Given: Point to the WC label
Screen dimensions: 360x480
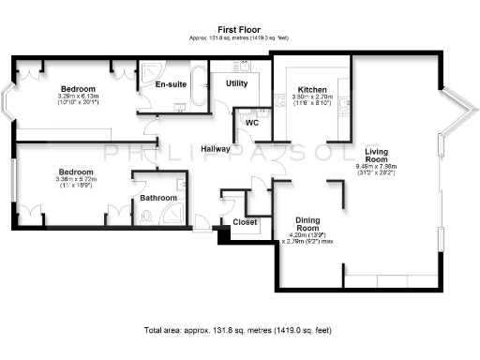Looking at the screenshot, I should [x=251, y=123].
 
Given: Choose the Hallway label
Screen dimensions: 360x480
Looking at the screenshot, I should [x=217, y=149].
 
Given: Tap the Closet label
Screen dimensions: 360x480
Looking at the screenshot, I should [x=246, y=223].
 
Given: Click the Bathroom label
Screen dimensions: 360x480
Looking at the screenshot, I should [x=158, y=198].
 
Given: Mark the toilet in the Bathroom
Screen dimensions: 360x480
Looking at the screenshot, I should [x=146, y=217].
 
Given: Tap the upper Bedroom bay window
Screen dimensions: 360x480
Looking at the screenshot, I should [x=7, y=101].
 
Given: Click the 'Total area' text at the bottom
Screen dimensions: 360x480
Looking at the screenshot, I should [x=239, y=330].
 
